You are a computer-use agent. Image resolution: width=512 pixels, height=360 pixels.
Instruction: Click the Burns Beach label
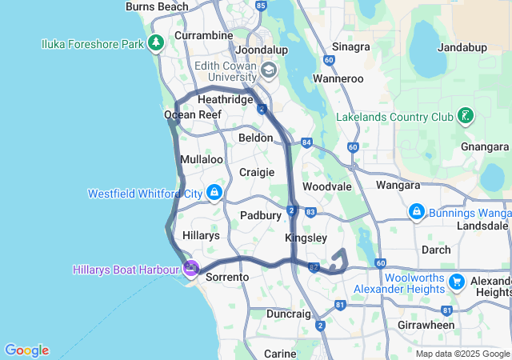[x=157, y=6]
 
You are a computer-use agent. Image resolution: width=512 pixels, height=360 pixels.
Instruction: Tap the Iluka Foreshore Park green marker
[x=157, y=42]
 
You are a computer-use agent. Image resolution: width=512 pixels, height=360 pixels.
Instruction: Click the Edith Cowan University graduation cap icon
[x=267, y=72]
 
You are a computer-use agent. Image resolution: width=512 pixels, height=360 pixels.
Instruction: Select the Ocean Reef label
[x=192, y=115]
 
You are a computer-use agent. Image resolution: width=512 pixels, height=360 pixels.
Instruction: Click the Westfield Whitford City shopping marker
[x=214, y=193]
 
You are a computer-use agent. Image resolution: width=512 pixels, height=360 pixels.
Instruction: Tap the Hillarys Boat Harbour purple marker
[x=190, y=268]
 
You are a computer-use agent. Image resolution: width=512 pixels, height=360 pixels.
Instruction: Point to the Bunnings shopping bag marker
[x=416, y=212]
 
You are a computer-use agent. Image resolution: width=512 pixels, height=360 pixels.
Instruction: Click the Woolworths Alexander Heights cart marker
[x=456, y=282]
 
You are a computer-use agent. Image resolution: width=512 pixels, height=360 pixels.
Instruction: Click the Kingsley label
[x=306, y=238]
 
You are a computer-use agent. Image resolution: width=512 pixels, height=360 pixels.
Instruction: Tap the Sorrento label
[x=228, y=277]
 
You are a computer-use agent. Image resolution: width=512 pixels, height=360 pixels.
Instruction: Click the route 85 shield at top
[x=260, y=6]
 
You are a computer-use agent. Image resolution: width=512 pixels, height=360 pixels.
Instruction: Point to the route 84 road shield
[x=306, y=142]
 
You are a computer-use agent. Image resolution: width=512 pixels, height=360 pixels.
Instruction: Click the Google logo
[x=26, y=350]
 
